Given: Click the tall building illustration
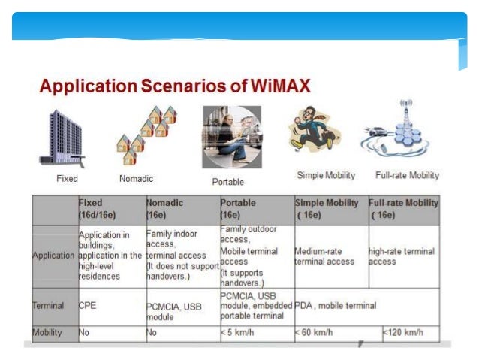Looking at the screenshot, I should (x=62, y=138).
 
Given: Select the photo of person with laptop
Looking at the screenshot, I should (x=231, y=137).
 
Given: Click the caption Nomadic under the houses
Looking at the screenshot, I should (x=136, y=179).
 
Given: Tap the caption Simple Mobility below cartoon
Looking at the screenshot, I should (x=326, y=175).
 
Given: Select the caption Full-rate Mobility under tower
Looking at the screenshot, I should (x=407, y=175).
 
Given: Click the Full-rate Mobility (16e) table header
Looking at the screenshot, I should (x=404, y=208).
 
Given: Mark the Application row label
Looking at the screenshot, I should (x=54, y=256).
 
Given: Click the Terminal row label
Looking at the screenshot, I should (x=48, y=306).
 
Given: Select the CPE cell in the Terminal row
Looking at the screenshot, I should (x=89, y=306).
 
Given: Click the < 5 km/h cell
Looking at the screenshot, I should (x=239, y=332).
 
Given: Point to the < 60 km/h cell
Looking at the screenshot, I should (x=315, y=332).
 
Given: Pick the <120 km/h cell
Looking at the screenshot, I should (x=403, y=332).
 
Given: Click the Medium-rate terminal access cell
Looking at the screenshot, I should (x=324, y=256).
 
